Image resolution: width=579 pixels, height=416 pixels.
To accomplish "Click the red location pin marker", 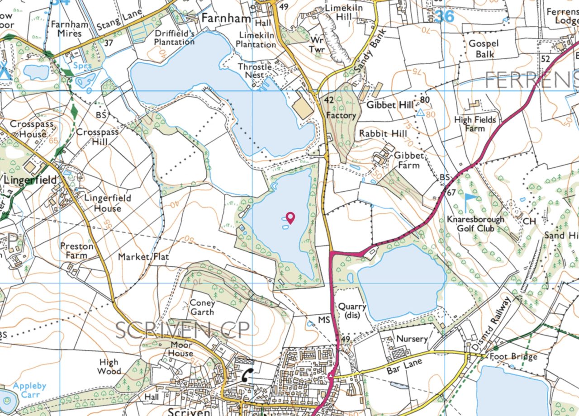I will (x=290, y=217).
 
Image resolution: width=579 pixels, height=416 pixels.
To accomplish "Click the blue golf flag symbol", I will (x=470, y=203).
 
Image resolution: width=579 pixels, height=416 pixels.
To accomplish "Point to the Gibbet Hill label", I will (x=390, y=105).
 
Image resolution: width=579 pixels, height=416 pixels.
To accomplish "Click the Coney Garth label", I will (x=202, y=307).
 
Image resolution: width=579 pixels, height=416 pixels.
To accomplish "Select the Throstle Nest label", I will (x=255, y=71).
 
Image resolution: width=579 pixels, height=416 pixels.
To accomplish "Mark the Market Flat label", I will (x=143, y=257).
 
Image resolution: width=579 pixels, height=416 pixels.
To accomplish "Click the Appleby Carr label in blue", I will (x=29, y=390).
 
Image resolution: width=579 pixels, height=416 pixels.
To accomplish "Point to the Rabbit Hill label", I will (x=383, y=134).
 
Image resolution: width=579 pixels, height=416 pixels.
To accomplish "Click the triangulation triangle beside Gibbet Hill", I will (x=421, y=113).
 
